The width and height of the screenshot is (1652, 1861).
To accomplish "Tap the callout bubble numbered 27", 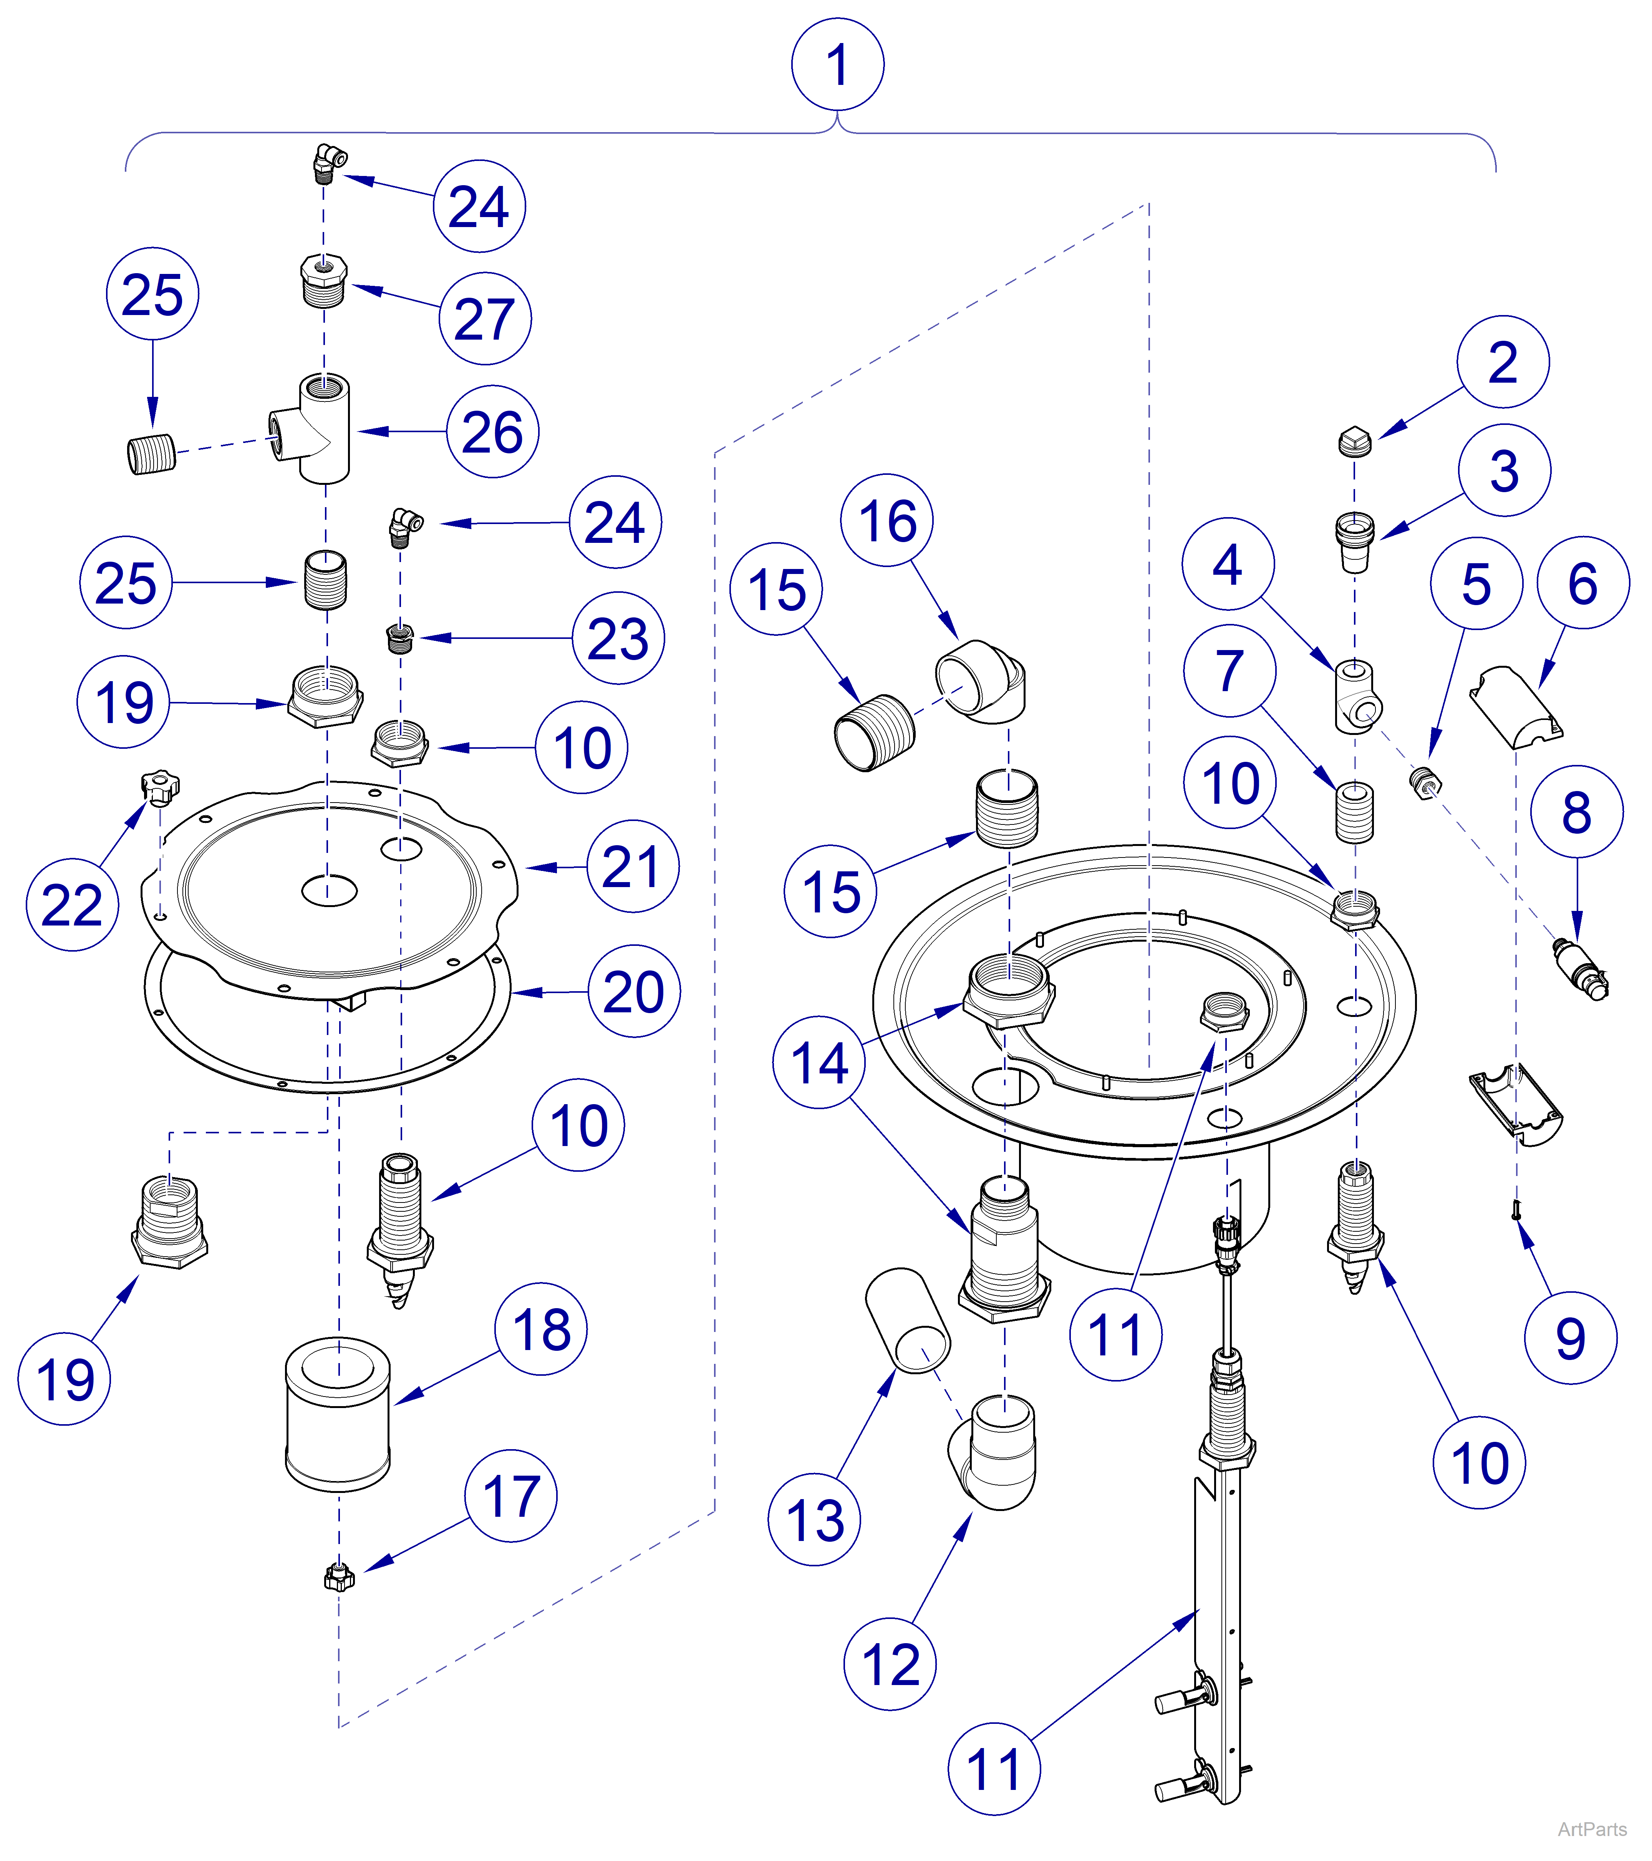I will [x=485, y=318].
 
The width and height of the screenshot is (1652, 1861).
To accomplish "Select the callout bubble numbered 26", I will [x=492, y=431].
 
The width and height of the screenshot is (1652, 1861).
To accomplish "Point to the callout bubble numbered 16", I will [x=886, y=521].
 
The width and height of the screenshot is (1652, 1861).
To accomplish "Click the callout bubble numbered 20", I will [x=635, y=992].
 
